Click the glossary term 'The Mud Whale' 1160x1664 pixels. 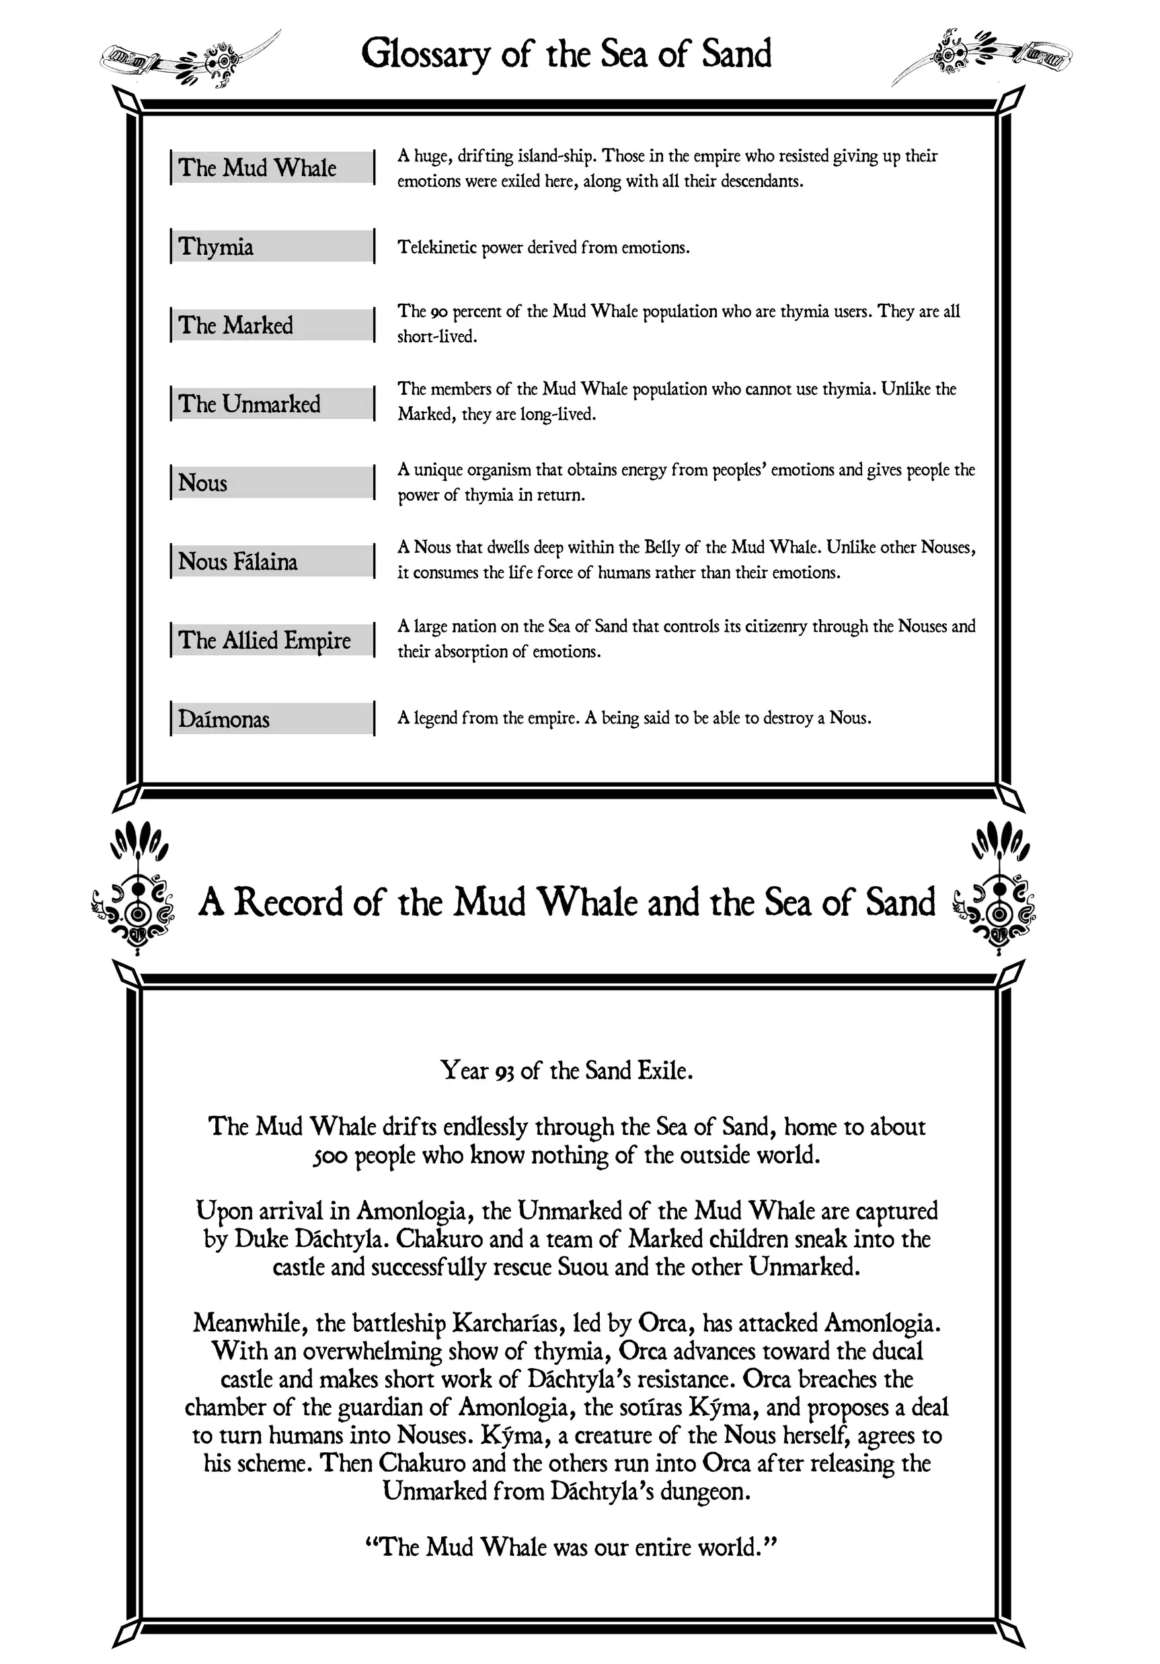click(258, 167)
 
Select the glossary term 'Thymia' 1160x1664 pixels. click(216, 247)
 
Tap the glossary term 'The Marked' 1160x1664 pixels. click(235, 325)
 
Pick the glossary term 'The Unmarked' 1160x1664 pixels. click(249, 403)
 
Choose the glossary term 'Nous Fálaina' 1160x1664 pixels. click(238, 561)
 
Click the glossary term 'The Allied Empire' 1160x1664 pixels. click(265, 640)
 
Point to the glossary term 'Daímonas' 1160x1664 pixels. click(224, 719)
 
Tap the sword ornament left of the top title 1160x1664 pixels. click(190, 58)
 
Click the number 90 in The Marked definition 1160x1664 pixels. click(438, 313)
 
